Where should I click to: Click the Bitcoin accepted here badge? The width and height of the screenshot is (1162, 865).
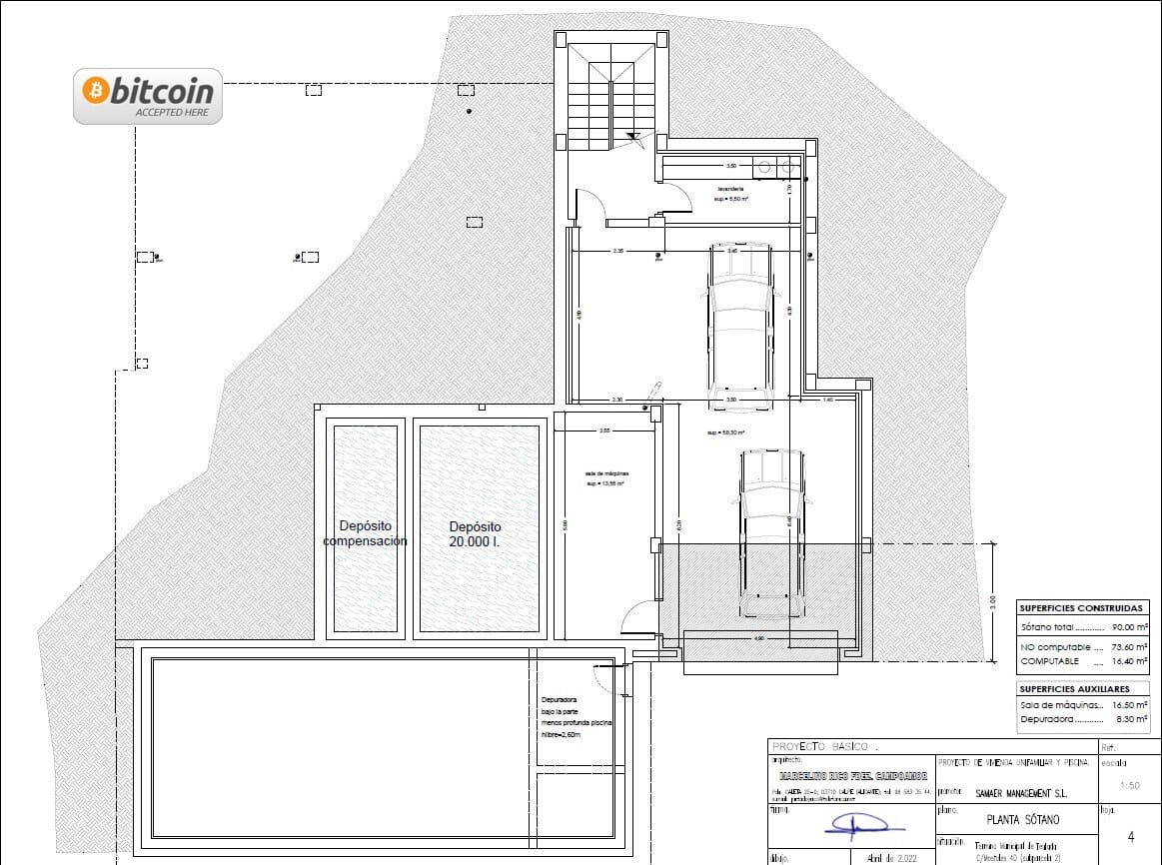tap(148, 96)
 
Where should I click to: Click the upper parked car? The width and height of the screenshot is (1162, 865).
tap(739, 328)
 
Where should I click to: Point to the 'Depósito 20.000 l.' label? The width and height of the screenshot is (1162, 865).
tap(475, 533)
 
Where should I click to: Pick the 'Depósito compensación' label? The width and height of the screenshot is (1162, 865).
tap(365, 533)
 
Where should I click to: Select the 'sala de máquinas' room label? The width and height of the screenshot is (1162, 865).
tap(605, 477)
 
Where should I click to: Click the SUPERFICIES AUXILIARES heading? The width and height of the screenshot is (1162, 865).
tap(1073, 689)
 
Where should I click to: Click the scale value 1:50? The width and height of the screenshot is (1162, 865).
tap(1129, 785)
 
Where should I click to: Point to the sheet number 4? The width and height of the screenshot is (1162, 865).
tap(1130, 836)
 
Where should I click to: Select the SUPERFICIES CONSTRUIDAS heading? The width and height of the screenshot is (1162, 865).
tap(1080, 607)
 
